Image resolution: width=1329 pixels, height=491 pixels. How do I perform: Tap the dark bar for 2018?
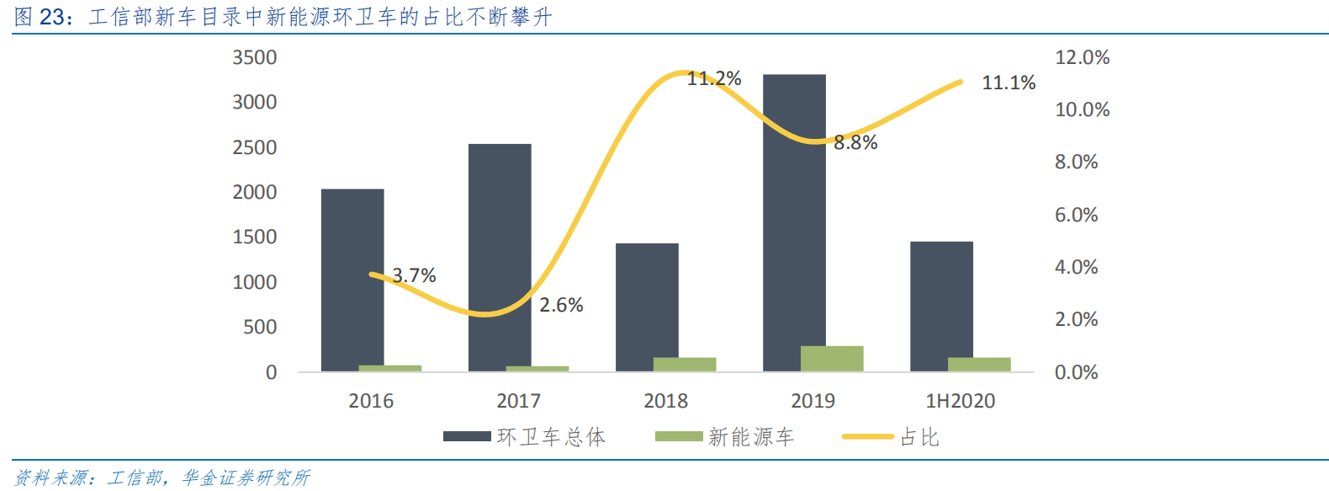[x=647, y=307]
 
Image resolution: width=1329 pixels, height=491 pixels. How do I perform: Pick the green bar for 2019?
[x=832, y=358]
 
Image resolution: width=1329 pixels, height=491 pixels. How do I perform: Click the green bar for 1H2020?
[x=979, y=364]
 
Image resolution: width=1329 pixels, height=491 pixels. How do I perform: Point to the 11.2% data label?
[x=714, y=78]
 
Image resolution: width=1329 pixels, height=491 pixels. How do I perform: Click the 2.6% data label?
[x=561, y=305]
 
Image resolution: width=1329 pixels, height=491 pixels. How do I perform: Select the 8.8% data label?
[x=855, y=143]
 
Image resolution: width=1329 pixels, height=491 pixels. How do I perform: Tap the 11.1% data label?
[x=1009, y=83]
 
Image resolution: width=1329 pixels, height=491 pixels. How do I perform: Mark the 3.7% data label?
[x=414, y=275]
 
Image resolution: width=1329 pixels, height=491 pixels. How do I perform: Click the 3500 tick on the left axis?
[x=254, y=57]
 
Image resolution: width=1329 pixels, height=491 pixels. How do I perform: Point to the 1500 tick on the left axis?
[x=254, y=237]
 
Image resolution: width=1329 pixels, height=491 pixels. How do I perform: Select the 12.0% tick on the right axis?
[x=1082, y=57]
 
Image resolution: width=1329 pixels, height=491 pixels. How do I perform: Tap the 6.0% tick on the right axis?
[x=1076, y=215]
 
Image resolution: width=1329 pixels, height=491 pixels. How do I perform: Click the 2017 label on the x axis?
[x=518, y=401]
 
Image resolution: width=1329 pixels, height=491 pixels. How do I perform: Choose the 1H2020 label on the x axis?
[x=960, y=401]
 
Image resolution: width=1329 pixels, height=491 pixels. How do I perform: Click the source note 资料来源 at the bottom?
[x=161, y=478]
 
